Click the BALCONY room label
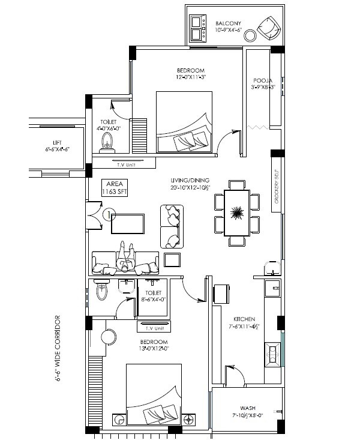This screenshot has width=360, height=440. coord(228,22)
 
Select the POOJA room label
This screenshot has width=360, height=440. coord(263,80)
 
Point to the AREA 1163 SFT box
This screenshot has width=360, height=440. coord(115,188)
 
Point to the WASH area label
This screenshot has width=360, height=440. coord(248,406)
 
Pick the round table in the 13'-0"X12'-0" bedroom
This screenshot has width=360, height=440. coord(108,336)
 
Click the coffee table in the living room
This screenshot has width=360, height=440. coord(128,223)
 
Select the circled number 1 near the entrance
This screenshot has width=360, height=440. coord(108,214)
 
